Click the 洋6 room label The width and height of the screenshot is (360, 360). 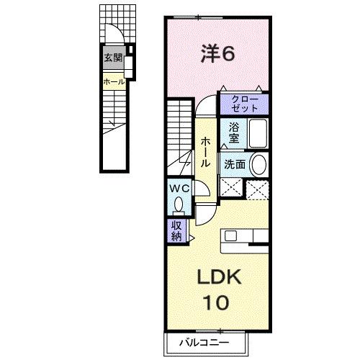point(217,54)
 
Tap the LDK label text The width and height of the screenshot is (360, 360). point(219,277)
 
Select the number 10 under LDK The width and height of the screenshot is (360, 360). point(216,302)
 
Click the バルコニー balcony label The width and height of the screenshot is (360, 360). point(204,343)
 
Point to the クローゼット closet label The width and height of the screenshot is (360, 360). point(245,104)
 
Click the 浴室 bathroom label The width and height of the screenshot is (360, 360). point(233,132)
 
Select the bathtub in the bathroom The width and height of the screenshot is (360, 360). point(258,133)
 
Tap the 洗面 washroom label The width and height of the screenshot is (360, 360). point(235,165)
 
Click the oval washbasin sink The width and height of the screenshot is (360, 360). point(258,165)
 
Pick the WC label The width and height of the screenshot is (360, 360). point(179,189)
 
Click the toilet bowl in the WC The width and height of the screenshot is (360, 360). point(179,204)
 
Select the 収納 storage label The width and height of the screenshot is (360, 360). point(176,230)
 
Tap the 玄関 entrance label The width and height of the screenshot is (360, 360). point(113,58)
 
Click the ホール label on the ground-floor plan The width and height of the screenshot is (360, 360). point(114,82)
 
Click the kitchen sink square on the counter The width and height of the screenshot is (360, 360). point(230,235)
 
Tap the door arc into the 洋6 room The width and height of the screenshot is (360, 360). point(202,101)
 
